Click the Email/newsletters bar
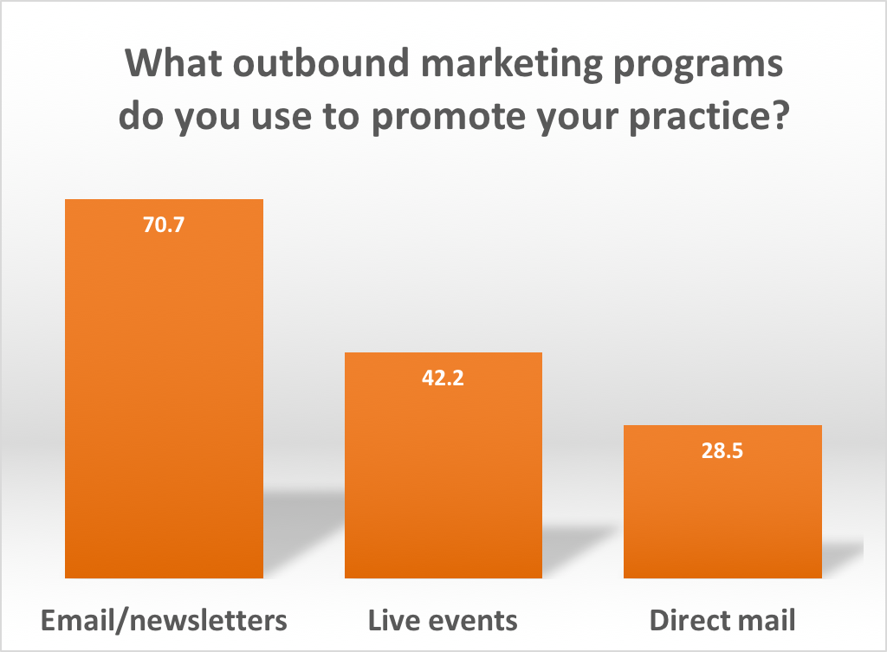(x=164, y=389)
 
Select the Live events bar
(x=443, y=465)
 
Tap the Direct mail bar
(x=722, y=501)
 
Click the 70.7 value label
(x=164, y=224)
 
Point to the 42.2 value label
(x=443, y=378)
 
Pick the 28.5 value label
(x=722, y=451)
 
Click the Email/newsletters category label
(x=164, y=620)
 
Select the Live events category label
(x=443, y=620)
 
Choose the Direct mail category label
(x=722, y=620)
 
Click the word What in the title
(x=173, y=62)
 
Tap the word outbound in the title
(x=320, y=62)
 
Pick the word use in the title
(x=282, y=118)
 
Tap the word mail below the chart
(x=768, y=620)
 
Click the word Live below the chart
(x=393, y=620)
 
